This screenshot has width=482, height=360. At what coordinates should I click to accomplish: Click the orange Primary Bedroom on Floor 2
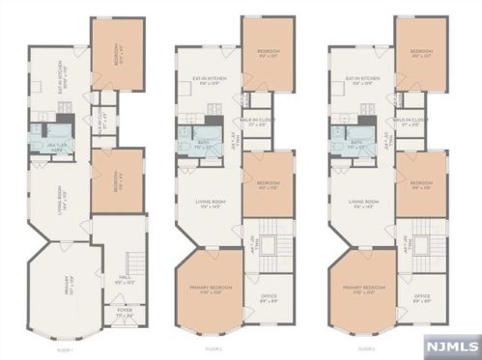coord(210,295)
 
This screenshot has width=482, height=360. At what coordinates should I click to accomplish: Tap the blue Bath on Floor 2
coord(194,145)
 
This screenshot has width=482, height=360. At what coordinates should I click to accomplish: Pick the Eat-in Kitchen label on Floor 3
coord(362,83)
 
